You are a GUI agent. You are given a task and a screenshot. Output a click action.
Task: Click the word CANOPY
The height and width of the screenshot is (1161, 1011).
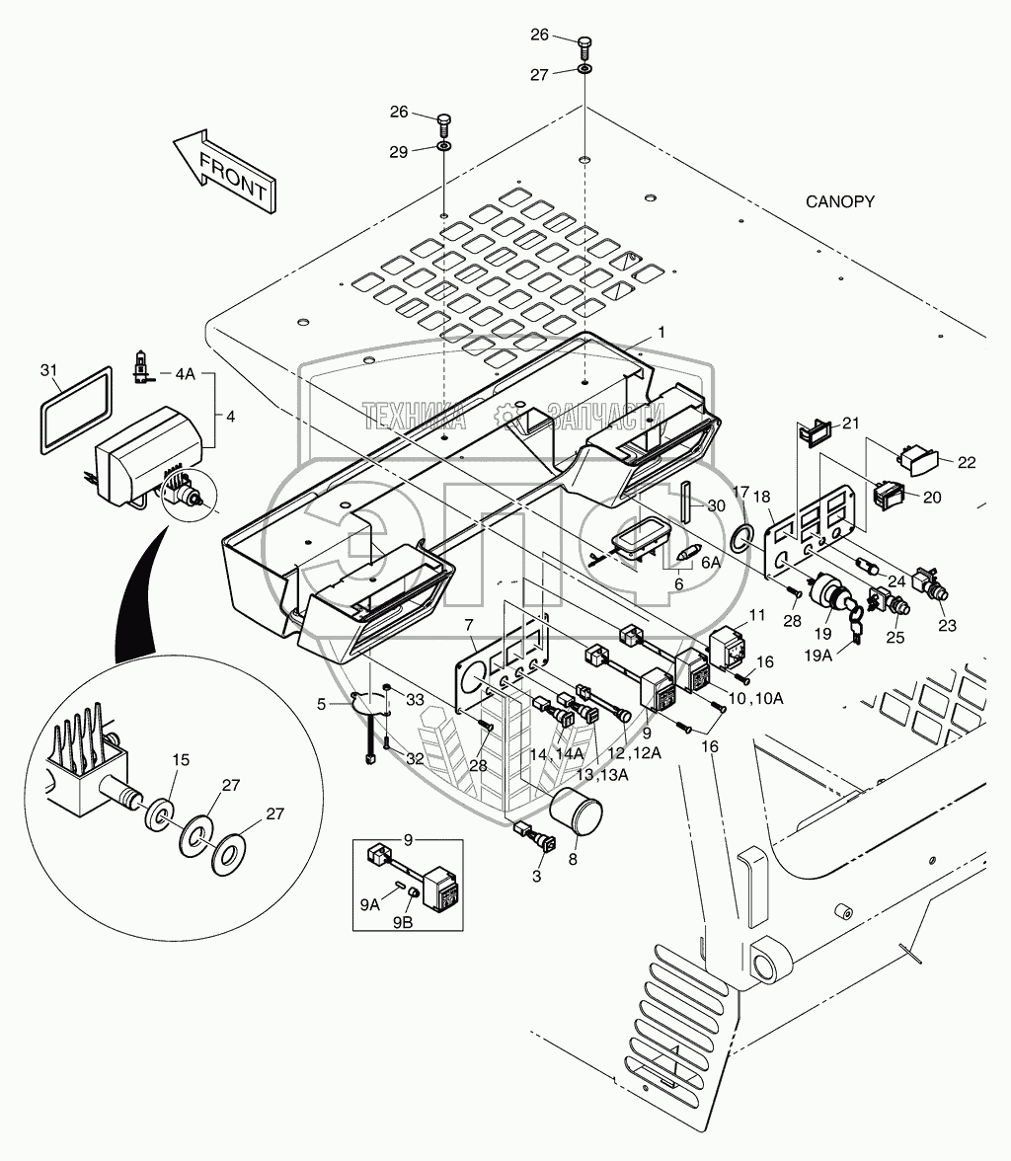click(840, 201)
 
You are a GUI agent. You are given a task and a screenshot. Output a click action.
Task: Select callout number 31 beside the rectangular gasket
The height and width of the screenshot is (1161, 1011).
click(49, 369)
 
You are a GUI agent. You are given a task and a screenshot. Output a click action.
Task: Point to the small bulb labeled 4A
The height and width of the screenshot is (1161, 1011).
click(140, 372)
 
